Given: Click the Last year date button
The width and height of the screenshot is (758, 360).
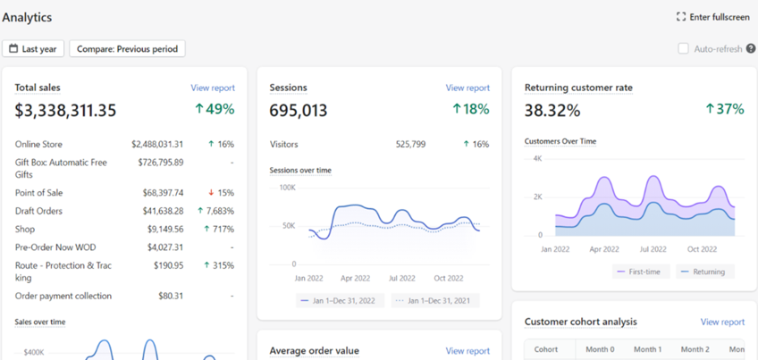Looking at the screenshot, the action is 33,49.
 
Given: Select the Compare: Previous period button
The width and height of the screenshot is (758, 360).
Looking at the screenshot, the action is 127,49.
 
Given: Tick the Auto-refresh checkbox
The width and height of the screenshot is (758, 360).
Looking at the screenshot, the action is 683,49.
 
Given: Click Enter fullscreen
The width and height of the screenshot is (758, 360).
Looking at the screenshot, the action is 713,17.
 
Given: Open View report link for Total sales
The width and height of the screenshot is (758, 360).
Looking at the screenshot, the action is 213,88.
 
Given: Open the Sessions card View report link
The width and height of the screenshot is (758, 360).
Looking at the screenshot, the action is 467,88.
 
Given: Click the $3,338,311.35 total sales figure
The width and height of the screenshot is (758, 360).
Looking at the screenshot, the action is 66,111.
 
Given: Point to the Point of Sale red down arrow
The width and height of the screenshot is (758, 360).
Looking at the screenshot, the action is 211,193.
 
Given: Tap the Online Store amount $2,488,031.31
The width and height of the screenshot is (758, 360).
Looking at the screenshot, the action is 157,145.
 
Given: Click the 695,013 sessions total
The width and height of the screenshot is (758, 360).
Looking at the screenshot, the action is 299,111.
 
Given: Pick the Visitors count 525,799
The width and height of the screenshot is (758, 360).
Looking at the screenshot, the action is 410,145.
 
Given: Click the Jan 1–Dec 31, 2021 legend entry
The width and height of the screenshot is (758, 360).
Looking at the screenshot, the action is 435,300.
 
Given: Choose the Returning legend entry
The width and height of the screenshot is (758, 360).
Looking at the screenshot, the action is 705,272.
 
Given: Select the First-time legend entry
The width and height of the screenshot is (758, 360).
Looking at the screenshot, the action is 641,272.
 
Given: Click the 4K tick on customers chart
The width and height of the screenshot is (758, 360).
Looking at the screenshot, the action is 537,158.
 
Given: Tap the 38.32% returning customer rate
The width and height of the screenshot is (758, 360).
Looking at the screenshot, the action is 552,111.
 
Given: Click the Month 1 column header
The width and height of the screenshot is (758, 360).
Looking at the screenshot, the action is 648,349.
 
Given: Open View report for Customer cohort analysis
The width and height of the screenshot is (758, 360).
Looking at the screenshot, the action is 723,322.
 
